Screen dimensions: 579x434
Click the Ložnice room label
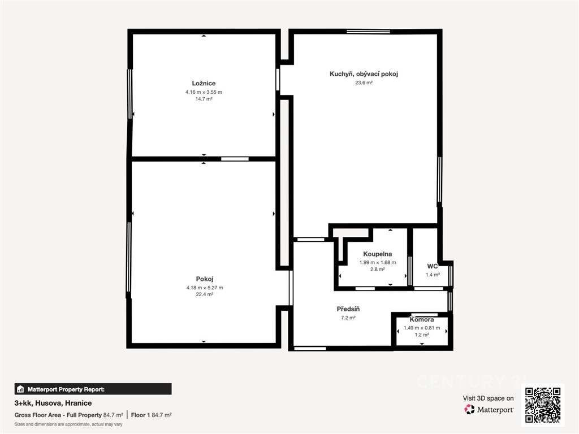click(x=204, y=84)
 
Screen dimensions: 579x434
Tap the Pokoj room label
click(x=205, y=279)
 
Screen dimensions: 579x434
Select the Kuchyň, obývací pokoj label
click(x=364, y=74)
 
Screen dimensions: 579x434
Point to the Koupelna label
click(x=377, y=254)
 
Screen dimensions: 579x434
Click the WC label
click(x=433, y=266)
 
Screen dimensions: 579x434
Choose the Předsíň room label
click(x=348, y=309)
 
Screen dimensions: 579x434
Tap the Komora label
click(x=422, y=320)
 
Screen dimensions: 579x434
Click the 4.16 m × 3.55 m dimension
click(x=204, y=92)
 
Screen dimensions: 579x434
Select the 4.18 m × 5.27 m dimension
click(x=205, y=288)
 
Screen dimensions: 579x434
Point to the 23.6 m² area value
click(x=364, y=83)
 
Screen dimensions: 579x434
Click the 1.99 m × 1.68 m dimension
click(x=377, y=263)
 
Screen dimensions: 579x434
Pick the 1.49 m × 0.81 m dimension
click(x=422, y=328)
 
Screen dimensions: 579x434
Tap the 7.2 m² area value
click(x=348, y=318)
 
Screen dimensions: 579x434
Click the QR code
click(x=543, y=405)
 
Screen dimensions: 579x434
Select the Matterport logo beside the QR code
click(x=489, y=409)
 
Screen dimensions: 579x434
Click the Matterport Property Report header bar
click(x=93, y=389)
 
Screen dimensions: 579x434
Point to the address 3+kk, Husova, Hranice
click(x=53, y=403)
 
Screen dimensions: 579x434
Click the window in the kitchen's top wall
click(x=369, y=32)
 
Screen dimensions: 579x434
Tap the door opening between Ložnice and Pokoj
click(x=235, y=159)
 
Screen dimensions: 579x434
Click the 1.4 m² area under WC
click(x=433, y=275)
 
